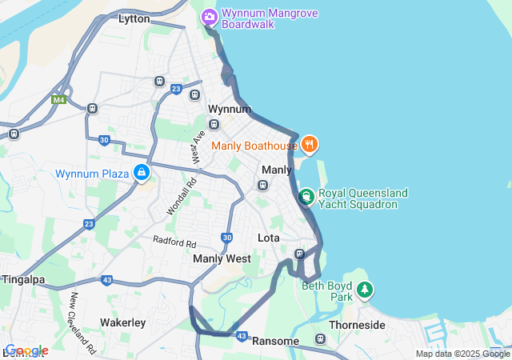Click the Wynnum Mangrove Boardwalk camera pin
(210, 16)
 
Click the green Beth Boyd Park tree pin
(365, 290)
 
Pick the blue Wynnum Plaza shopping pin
(142, 172)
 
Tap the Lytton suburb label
(134, 18)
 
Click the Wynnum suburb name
(224, 109)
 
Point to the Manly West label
(222, 258)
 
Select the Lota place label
(268, 238)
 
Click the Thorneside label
(357, 325)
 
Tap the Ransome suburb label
(275, 341)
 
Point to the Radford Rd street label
(175, 242)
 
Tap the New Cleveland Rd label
(82, 323)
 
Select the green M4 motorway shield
(58, 100)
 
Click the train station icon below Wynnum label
(214, 124)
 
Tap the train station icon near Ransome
(321, 339)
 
